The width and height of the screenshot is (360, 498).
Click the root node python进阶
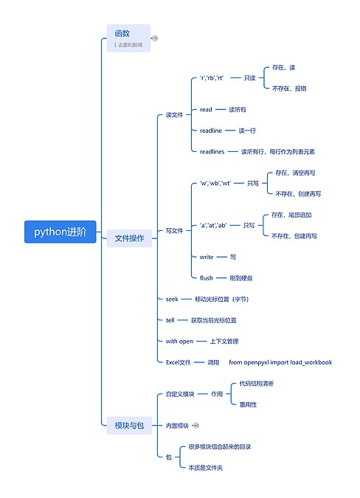tap(60, 232)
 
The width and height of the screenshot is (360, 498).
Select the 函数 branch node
tap(122, 33)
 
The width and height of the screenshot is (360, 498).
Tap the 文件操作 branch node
tap(128, 238)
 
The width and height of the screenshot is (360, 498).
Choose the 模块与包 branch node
tap(128, 425)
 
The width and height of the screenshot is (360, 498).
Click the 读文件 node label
tap(174, 115)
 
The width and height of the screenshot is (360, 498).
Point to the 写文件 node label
tap(174, 231)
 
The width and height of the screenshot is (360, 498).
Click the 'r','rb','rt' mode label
tap(212, 77)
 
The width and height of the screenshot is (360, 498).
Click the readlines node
tap(212, 151)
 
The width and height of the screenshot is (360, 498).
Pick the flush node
tap(206, 278)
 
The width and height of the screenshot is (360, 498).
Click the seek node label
tap(172, 299)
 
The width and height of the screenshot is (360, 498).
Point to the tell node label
tap(170, 320)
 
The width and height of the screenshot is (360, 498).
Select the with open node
tap(179, 341)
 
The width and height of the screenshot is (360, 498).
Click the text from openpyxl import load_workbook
tap(280, 362)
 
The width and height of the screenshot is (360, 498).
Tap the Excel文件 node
tap(179, 362)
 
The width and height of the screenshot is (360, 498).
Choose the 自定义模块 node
tap(180, 394)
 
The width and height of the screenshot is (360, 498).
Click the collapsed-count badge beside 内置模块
tap(196, 425)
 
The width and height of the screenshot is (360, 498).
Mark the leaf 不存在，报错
tap(289, 88)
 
